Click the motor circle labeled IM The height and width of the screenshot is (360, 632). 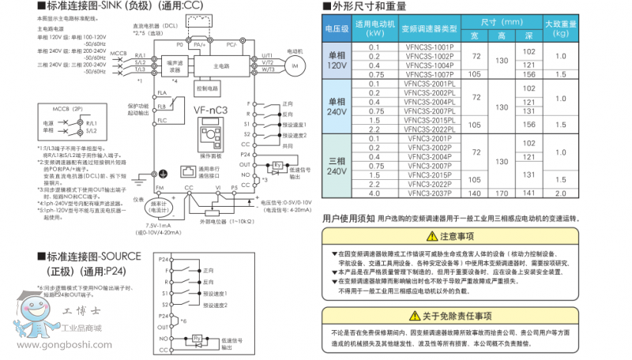coord(294,66)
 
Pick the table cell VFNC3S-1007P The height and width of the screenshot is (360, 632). coord(429,74)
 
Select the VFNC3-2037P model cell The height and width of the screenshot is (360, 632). coord(429,193)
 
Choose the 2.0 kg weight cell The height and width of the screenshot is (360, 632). coord(560,193)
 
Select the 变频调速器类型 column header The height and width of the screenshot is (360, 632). coord(429,29)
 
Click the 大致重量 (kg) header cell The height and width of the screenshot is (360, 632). coord(560,29)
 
